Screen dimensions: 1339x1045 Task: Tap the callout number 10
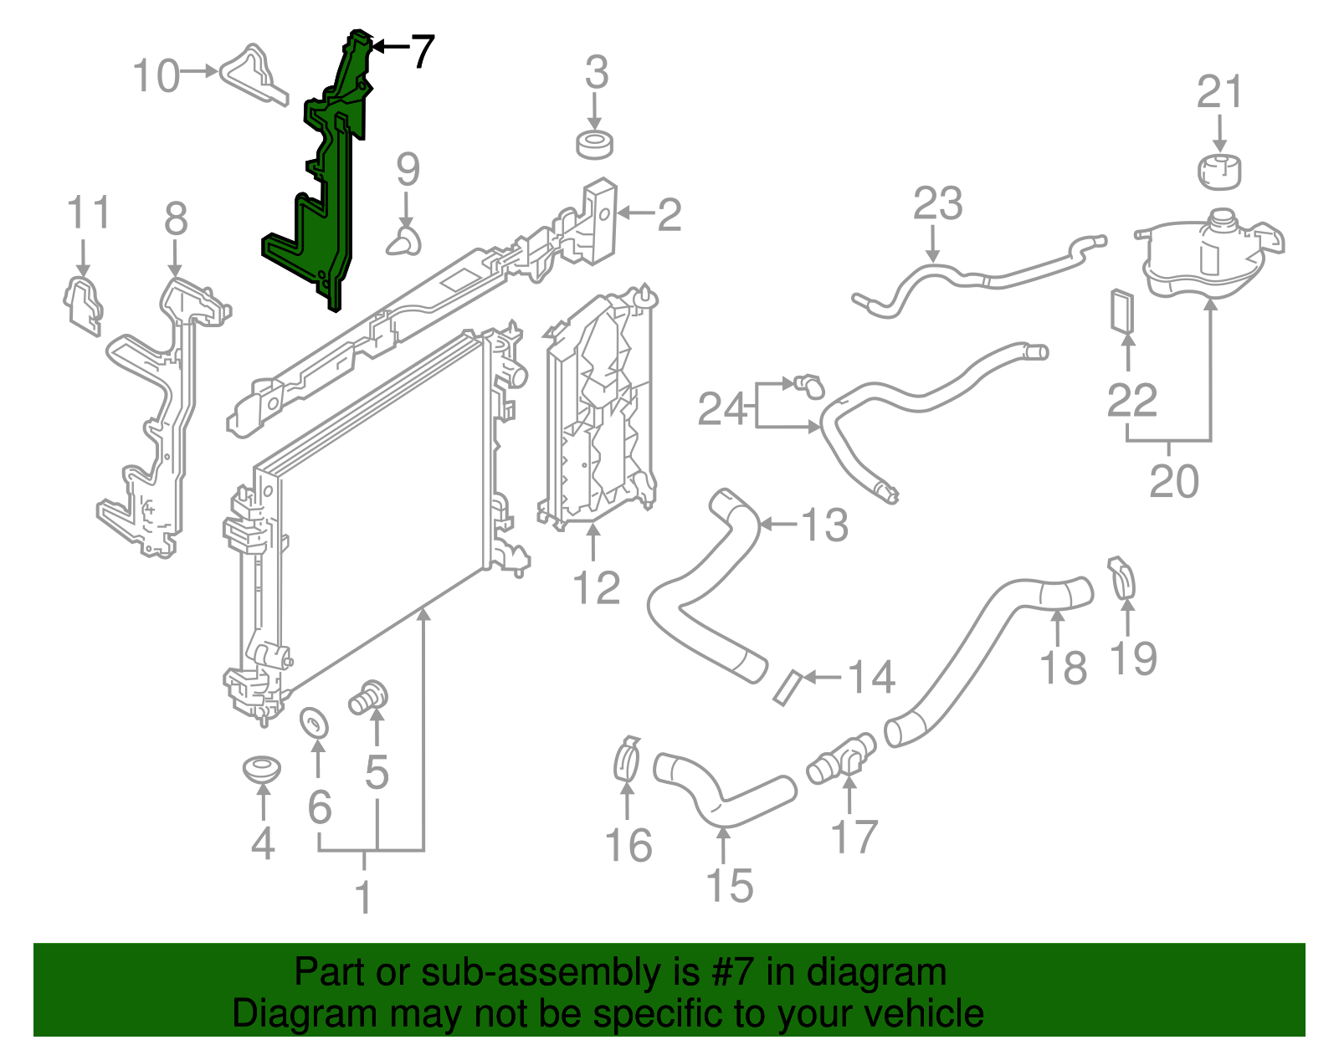(x=156, y=76)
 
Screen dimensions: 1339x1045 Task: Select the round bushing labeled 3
(x=595, y=146)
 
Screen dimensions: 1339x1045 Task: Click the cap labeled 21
(x=1218, y=172)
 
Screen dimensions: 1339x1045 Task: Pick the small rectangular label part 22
(x=1122, y=311)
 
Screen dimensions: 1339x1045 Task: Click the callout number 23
(x=938, y=202)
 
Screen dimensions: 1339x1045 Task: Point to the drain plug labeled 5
(x=368, y=698)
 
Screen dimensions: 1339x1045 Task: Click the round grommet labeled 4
(x=262, y=769)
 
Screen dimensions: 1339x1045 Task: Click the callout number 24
(x=722, y=408)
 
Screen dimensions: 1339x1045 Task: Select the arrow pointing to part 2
(x=635, y=213)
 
